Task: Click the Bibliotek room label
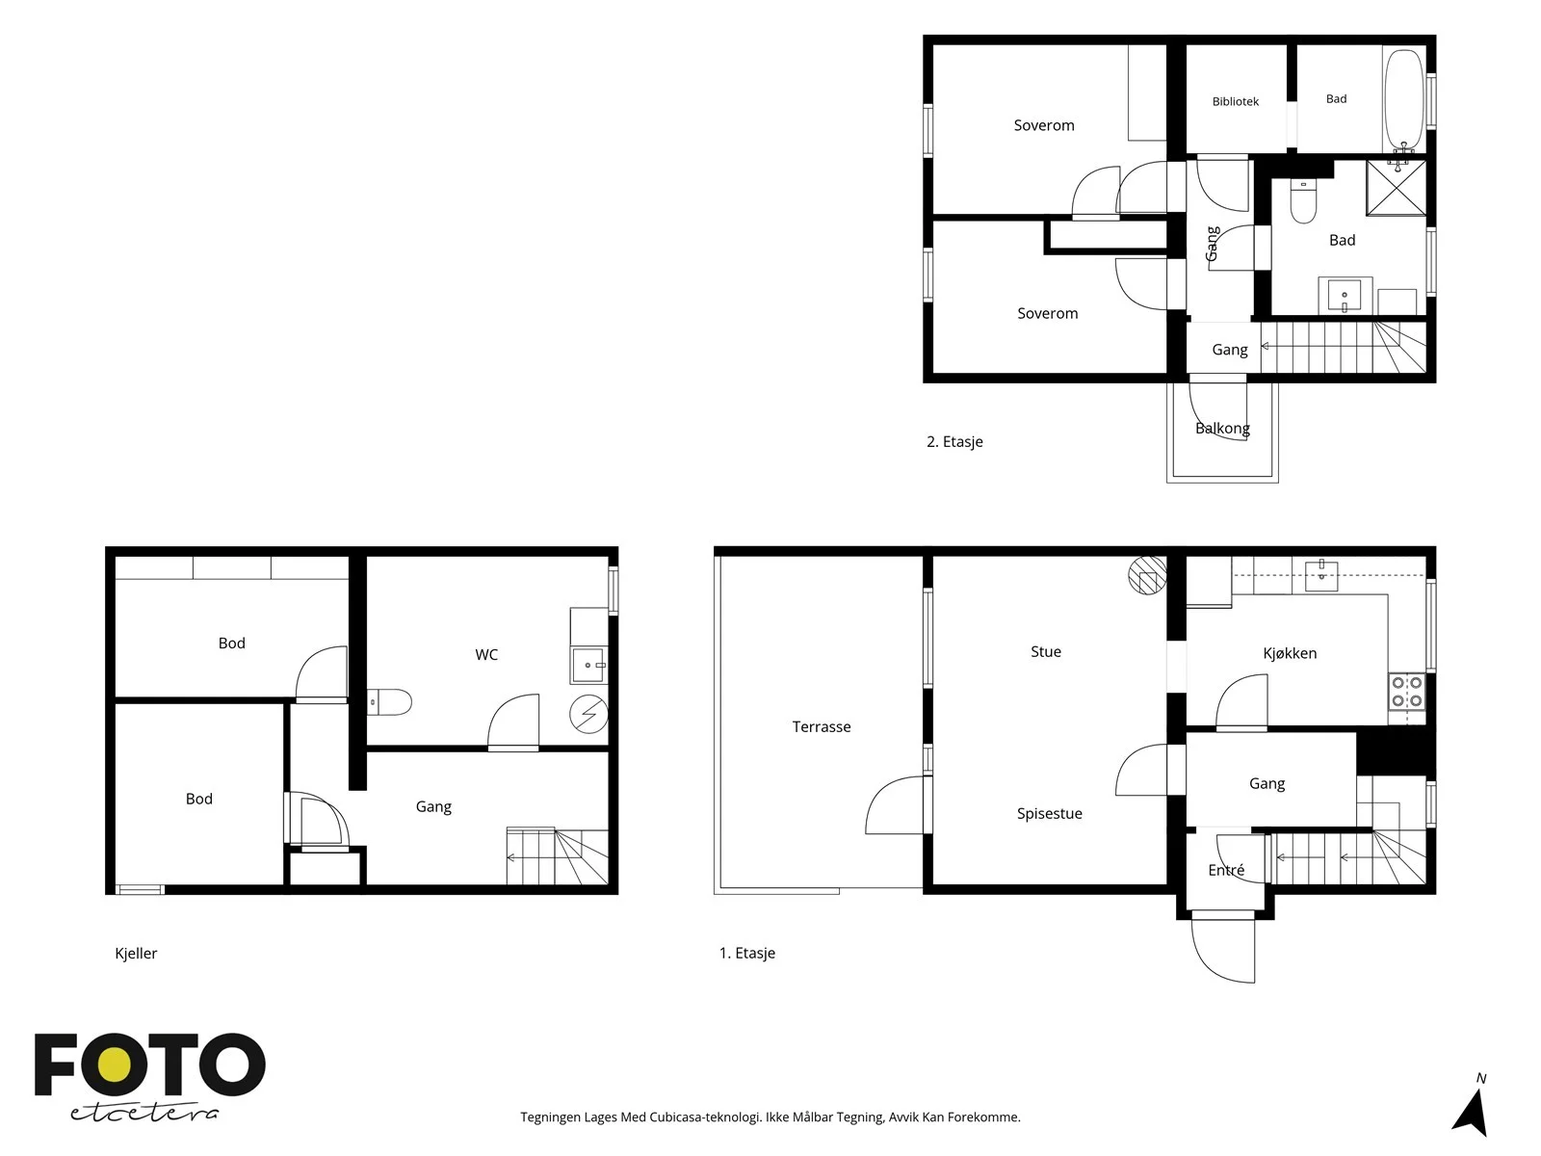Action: [x=1235, y=102]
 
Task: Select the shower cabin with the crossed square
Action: [x=1396, y=188]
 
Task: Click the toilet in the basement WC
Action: [x=389, y=702]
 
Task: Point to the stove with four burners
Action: [x=1407, y=691]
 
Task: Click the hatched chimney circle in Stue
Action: [x=1147, y=575]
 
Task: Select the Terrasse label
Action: [x=822, y=727]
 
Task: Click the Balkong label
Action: [x=1222, y=428]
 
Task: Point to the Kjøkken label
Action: [x=1290, y=653]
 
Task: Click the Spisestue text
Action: [x=1050, y=814]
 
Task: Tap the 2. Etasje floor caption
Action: [x=954, y=442]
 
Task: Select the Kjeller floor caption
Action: [x=136, y=953]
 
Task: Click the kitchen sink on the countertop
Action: [x=1321, y=575]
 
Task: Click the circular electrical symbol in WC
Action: [x=588, y=714]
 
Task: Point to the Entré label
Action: [x=1226, y=870]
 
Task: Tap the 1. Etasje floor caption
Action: [x=747, y=953]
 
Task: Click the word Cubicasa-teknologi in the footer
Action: [x=705, y=1117]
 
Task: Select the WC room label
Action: [x=486, y=655]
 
